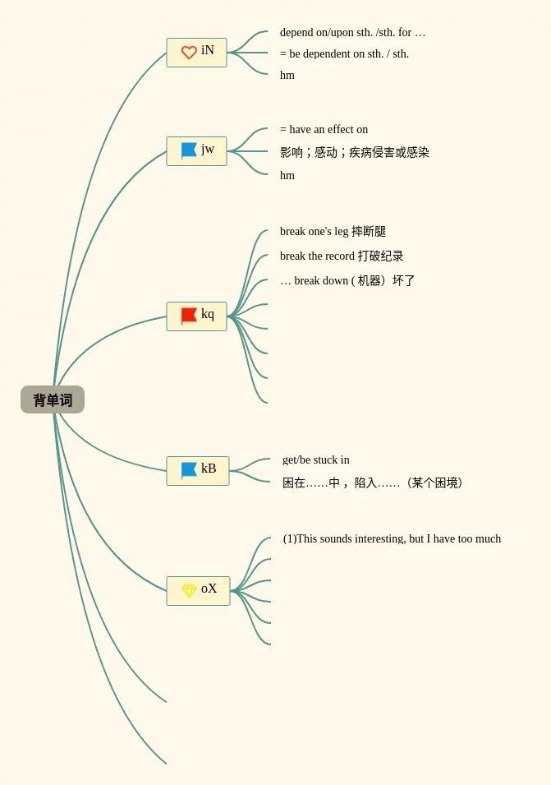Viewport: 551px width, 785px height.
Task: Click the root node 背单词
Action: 53,399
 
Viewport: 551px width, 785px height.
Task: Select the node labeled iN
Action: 196,52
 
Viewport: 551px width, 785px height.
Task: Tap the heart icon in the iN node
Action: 189,53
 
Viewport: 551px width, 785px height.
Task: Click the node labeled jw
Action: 196,150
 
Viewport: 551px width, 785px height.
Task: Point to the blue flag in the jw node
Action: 189,150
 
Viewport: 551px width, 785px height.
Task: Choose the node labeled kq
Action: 196,316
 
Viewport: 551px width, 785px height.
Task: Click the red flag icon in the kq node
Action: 189,316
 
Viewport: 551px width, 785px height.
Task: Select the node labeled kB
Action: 197,470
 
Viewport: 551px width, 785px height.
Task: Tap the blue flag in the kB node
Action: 189,470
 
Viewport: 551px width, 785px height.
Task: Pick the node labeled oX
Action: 198,590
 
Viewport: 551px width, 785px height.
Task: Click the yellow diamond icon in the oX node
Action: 189,590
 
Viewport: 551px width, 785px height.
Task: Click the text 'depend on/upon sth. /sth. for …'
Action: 352,33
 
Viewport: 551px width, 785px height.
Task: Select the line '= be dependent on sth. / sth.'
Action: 344,54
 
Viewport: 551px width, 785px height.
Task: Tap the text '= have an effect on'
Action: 324,130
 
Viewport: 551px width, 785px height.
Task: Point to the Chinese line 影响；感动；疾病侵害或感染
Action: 354,153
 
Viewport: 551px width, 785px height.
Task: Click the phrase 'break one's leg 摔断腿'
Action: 333,232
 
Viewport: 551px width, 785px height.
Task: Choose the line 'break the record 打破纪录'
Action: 342,256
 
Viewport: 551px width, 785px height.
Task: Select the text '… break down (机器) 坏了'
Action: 347,281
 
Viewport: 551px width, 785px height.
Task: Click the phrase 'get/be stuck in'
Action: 316,460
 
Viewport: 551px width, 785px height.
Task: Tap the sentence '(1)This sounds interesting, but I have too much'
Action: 392,539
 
